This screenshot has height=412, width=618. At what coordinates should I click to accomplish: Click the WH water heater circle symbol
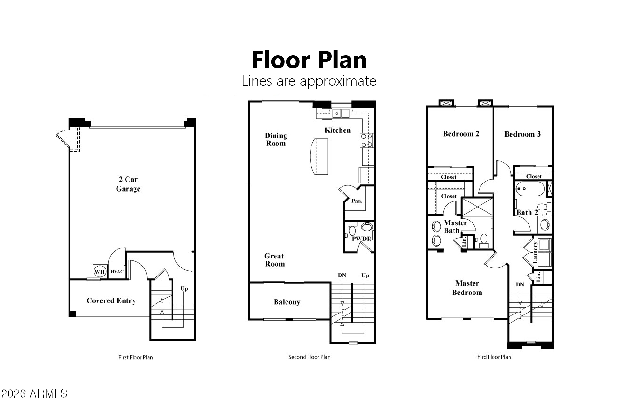coord(99,272)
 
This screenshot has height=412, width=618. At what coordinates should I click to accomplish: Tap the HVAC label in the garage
coord(117,272)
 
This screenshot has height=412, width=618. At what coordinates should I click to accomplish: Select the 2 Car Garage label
coord(128,184)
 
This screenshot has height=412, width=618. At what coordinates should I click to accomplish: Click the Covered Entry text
coord(111,301)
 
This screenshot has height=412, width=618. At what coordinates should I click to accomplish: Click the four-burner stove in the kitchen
coord(367,141)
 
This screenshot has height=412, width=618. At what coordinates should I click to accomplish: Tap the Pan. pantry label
coord(357,201)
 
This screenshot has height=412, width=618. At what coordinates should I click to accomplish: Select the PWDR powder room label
coord(361,239)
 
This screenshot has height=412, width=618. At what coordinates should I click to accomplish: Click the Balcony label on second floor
coord(287,302)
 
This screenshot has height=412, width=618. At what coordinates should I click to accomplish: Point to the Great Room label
coord(275,260)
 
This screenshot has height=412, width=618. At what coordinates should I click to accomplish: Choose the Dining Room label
coord(276,139)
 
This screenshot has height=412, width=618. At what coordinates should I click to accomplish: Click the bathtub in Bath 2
coord(530,189)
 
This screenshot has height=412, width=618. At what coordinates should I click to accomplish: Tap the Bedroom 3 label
coord(522,134)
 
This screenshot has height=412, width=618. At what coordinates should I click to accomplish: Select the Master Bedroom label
coord(467,287)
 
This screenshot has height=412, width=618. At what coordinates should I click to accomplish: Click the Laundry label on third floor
coord(535,252)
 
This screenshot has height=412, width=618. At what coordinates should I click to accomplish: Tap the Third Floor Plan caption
coord(492,357)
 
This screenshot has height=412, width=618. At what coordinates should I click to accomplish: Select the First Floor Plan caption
coord(136,357)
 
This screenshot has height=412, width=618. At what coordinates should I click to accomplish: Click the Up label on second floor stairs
coord(365,275)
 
